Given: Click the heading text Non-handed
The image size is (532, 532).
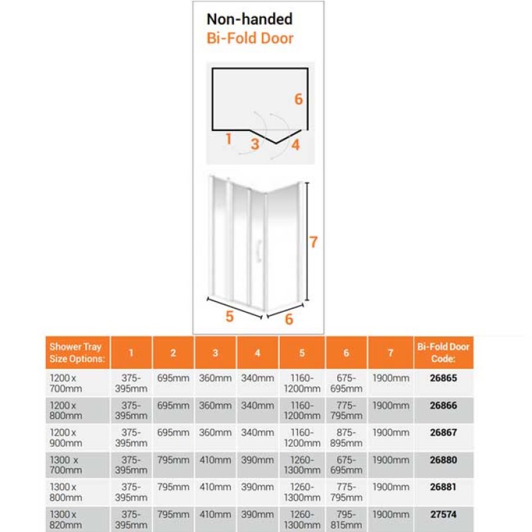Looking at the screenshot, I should [x=249, y=19].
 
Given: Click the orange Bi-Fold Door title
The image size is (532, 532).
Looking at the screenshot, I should [x=249, y=37].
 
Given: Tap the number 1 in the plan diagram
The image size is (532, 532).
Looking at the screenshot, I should [x=228, y=139].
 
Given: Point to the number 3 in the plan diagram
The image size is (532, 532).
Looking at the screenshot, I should [x=255, y=143].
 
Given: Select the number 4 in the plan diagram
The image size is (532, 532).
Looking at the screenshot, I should [x=295, y=144].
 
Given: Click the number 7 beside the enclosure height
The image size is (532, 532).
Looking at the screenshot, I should [x=313, y=242].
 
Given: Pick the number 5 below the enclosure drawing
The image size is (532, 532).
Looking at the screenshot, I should [x=229, y=317].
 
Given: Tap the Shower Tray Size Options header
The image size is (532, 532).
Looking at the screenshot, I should [x=76, y=352].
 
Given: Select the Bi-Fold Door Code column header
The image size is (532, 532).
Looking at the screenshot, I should [x=443, y=352].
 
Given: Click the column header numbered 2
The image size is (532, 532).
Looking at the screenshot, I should [x=173, y=353].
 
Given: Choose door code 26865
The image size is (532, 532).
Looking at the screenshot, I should [x=443, y=378].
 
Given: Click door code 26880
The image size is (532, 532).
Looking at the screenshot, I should [x=443, y=460].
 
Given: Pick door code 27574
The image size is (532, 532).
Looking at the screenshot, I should [x=443, y=514].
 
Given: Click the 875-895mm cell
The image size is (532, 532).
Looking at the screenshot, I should [x=346, y=438].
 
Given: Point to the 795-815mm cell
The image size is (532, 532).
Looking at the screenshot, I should [x=346, y=519].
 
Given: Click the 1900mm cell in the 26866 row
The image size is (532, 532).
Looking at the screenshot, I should [x=390, y=405].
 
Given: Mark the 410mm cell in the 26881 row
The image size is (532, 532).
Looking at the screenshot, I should [x=215, y=487].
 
